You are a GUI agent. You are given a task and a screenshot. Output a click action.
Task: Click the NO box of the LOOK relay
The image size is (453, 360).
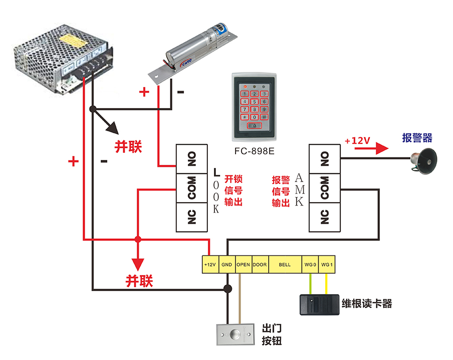tap(192, 159)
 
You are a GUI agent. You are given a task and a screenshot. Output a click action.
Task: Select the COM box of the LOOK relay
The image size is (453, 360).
tap(192, 188)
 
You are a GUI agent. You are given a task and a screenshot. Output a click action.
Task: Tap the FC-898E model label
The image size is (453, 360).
tap(254, 150)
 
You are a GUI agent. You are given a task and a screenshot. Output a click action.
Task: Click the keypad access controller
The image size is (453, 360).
tap(254, 107)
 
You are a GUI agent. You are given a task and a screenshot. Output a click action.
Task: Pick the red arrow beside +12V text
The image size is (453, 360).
tap(381, 148)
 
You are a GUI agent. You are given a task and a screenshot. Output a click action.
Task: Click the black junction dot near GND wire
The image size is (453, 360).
tap(228, 289)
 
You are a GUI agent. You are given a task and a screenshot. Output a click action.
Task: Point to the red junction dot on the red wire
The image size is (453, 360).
tap(137, 239)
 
